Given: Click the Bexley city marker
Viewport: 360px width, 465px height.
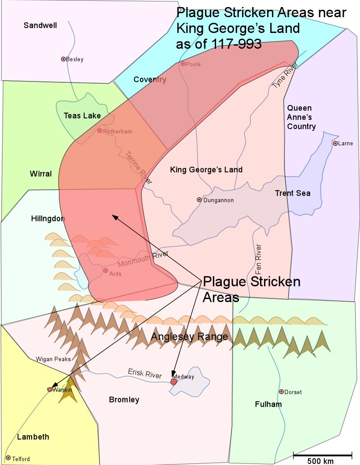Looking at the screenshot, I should coord(63,59).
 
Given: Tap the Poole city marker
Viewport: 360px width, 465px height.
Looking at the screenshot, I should coord(183,64).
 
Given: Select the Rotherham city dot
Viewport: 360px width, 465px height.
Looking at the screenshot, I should coord(100,131).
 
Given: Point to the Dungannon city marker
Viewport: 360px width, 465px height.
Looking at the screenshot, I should coord(199,200).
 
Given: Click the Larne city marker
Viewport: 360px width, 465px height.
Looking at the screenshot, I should coord(335,143).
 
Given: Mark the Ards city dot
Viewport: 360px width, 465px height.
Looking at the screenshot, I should coord(106,270).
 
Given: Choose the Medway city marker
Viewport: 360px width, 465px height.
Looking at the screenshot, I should coord(174,382).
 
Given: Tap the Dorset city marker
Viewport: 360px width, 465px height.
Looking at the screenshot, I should coord(281,391).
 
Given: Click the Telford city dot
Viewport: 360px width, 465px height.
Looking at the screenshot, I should coord(8,458).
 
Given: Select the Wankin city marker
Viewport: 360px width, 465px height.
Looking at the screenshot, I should coord(50,389).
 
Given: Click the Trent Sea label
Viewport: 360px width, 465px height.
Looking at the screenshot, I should coord(293,193).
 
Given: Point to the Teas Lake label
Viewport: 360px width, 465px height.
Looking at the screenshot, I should coord(82,116).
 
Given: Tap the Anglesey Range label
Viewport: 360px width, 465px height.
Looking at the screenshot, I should coord(190,337).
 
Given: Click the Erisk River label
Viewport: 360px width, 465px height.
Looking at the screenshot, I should coord(145,373).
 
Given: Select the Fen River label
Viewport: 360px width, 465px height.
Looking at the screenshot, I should coord(259,259).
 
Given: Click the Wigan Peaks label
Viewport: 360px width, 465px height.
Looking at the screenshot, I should coord(54,359).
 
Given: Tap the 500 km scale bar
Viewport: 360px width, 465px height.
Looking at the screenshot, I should coord(323,455).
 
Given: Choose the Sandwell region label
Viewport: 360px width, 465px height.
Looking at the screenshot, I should coord(40,26).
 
